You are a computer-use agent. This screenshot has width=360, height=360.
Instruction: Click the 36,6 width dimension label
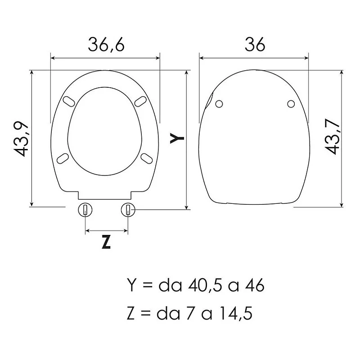click(x=106, y=45)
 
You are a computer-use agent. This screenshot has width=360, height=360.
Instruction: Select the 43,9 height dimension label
click(x=21, y=140)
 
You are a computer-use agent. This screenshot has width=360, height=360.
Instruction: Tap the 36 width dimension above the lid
click(x=255, y=44)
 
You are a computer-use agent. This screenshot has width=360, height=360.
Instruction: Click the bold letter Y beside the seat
click(x=177, y=138)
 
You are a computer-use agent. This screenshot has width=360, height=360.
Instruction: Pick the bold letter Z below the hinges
click(x=106, y=242)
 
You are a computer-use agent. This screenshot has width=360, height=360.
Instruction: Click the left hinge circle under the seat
click(x=85, y=210)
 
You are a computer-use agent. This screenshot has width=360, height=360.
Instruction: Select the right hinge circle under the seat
click(x=128, y=210)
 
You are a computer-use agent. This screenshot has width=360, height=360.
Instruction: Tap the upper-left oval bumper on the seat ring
click(x=69, y=101)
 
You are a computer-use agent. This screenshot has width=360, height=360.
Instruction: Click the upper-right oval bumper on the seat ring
click(x=140, y=101)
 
